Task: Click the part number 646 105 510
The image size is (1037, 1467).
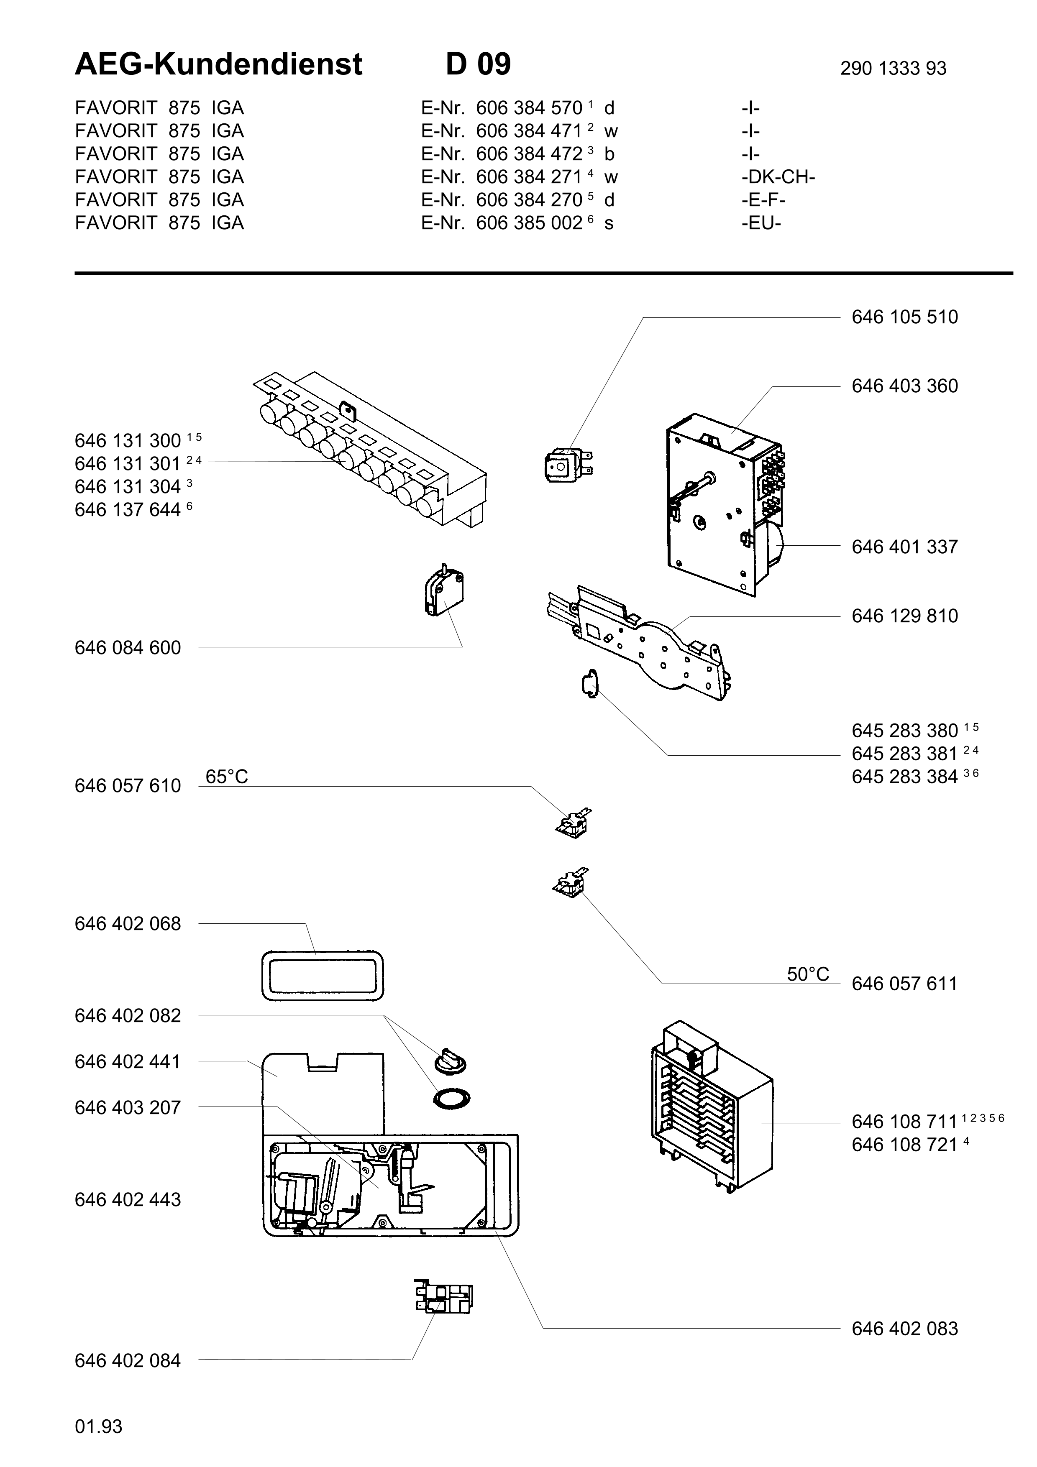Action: (x=905, y=317)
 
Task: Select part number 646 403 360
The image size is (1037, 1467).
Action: (x=905, y=386)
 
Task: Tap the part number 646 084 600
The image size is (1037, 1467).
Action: (x=128, y=648)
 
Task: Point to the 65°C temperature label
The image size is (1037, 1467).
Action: (x=227, y=776)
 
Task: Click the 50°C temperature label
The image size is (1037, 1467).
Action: (x=808, y=974)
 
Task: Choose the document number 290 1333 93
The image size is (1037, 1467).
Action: (x=893, y=68)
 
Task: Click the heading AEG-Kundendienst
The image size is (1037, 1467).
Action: (x=218, y=64)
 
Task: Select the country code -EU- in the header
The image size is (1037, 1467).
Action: (x=762, y=223)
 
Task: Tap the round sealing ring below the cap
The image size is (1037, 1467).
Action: (x=452, y=1098)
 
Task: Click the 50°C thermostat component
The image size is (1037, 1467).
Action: (x=571, y=883)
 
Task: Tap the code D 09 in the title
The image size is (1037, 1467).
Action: (x=478, y=64)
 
